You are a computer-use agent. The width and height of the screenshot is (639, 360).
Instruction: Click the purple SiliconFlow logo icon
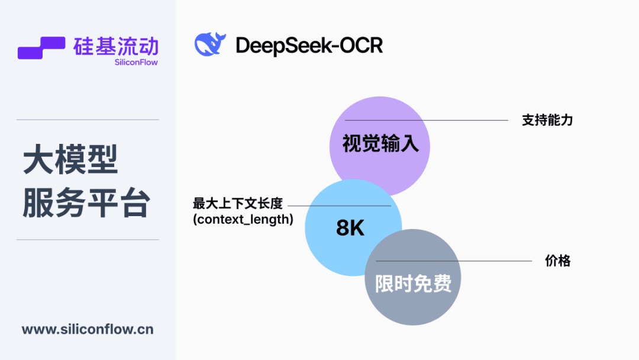(x=41, y=48)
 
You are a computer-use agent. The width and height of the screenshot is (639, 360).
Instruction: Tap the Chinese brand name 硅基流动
(x=116, y=46)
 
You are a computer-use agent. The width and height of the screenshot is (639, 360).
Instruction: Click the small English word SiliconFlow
(x=136, y=62)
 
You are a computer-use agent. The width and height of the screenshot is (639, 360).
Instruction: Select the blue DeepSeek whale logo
(x=210, y=44)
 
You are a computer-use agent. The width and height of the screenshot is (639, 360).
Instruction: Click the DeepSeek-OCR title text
(x=309, y=45)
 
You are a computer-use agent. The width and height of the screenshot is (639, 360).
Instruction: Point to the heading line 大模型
(x=70, y=159)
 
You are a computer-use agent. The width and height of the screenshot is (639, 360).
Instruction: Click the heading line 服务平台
(x=86, y=202)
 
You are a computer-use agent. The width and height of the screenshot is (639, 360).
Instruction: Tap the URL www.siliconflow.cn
(x=88, y=329)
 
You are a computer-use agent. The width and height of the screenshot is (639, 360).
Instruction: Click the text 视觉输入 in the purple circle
(x=380, y=143)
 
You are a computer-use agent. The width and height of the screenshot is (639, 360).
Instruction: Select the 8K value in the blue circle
(x=350, y=227)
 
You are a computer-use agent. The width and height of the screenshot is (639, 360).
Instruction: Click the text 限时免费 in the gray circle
(x=413, y=284)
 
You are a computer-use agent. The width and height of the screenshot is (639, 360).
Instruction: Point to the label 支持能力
(x=547, y=120)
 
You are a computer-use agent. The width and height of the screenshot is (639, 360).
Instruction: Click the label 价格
(x=558, y=261)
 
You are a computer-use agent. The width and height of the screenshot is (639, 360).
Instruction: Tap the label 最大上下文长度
(x=238, y=203)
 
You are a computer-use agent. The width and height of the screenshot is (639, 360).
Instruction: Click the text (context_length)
(x=243, y=220)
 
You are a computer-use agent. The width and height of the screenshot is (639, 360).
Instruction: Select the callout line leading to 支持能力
(x=426, y=120)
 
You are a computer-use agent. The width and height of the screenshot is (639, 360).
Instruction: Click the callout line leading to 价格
(x=454, y=261)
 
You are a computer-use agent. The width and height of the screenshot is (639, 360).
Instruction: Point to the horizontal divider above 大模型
(x=88, y=120)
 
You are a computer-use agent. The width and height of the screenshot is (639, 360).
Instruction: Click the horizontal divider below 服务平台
(x=88, y=240)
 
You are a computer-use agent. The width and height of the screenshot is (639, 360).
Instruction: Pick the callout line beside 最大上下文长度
(x=339, y=206)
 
